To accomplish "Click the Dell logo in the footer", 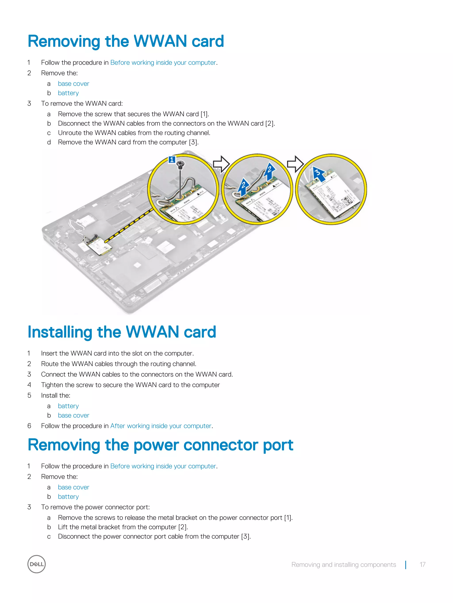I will point(36,564).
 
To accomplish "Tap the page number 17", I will point(422,564).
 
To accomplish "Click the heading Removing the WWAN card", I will point(126,41).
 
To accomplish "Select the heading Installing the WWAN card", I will point(122,332).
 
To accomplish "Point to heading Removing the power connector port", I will point(160,445).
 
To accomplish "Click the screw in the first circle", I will point(180,164).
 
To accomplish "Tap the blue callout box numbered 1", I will point(172,160).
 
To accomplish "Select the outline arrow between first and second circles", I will point(221,164).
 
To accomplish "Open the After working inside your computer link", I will point(161,426).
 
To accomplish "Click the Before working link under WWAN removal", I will point(163,62).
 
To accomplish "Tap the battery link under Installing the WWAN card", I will point(68,406).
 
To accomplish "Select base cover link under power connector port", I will point(73,487).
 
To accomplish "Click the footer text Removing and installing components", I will point(344,564).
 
